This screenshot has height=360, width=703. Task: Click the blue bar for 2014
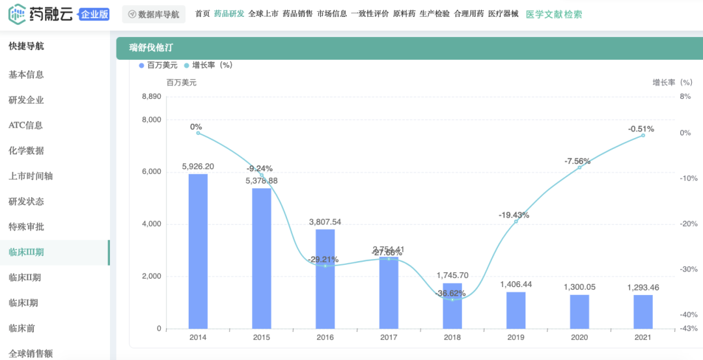(x=198, y=251)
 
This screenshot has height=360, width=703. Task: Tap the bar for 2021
(x=643, y=312)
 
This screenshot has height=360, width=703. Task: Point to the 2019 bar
(x=516, y=311)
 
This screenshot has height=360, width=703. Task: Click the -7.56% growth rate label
(x=577, y=161)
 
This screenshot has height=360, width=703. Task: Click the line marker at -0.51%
(x=643, y=135)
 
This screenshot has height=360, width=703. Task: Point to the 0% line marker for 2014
(x=198, y=133)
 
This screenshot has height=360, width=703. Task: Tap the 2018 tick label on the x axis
(x=452, y=338)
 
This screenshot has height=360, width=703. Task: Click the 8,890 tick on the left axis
(x=151, y=96)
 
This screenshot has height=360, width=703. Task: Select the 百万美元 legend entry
(x=158, y=65)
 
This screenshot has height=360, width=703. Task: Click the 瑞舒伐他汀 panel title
(x=151, y=48)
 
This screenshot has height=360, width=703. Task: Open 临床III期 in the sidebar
(x=26, y=252)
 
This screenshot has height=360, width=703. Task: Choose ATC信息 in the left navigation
(x=25, y=125)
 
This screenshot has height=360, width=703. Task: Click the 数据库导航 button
(x=154, y=14)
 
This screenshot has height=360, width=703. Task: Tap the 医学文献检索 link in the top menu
(x=553, y=14)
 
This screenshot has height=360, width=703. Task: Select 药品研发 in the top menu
(x=229, y=14)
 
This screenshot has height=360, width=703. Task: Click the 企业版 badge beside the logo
(x=94, y=14)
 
